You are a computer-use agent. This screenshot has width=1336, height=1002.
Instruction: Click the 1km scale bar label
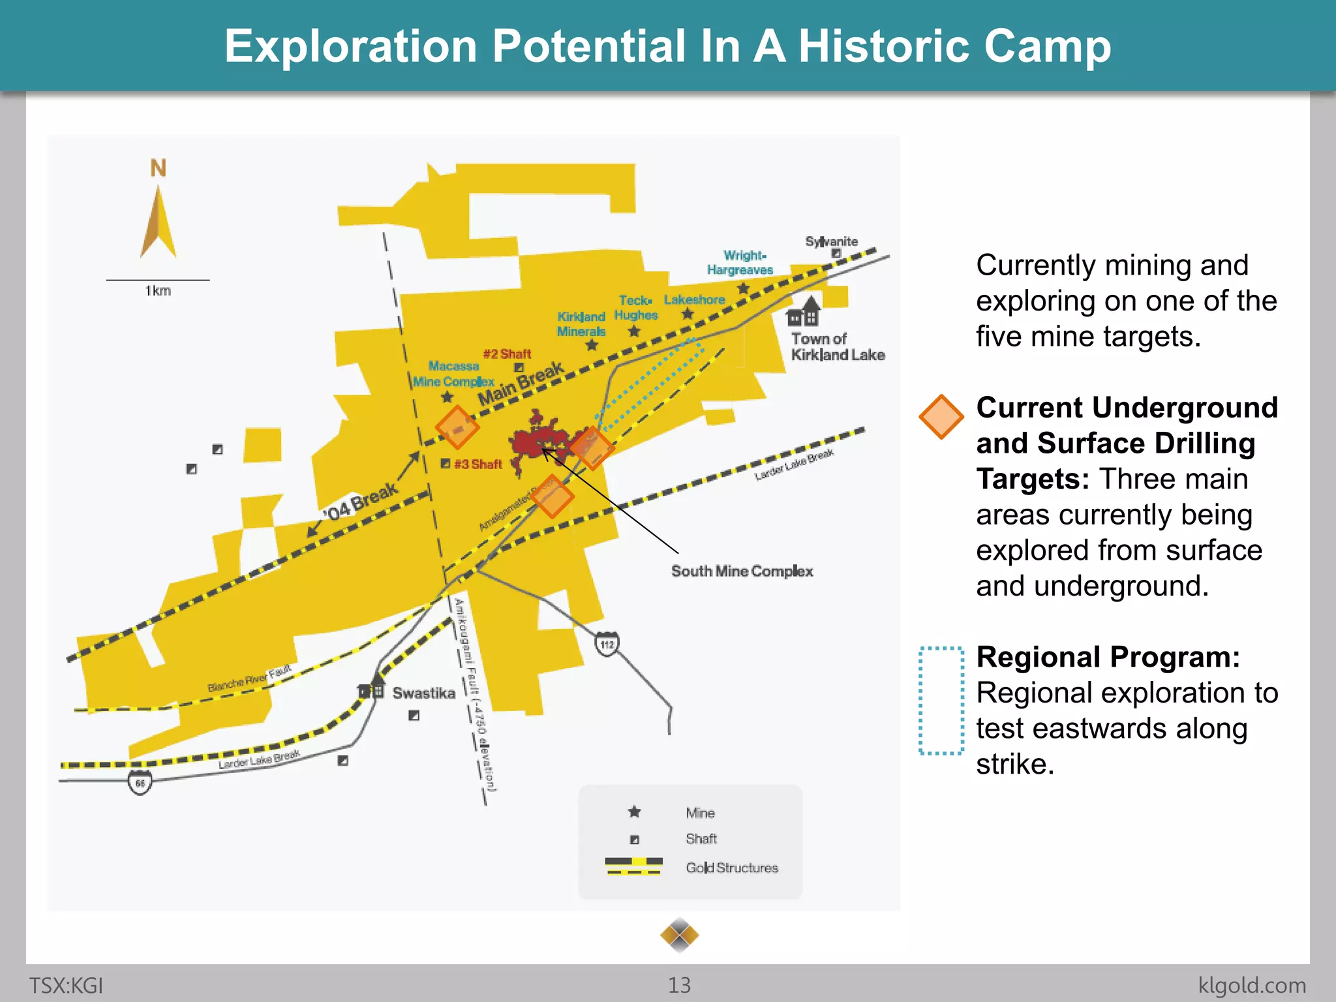(x=158, y=291)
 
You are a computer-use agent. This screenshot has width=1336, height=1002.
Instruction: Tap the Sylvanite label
(x=831, y=241)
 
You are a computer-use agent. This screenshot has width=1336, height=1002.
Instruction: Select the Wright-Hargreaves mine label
(x=740, y=262)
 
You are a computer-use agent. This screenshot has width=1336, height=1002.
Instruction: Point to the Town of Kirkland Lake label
(x=837, y=347)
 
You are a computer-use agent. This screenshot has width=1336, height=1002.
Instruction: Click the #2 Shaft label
(x=507, y=354)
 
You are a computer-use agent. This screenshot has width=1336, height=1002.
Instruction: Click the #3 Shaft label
(x=478, y=464)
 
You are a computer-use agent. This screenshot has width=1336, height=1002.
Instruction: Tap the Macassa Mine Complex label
(x=453, y=374)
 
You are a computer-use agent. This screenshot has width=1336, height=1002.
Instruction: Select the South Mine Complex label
(x=742, y=571)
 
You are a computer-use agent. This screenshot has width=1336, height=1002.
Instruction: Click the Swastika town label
(x=423, y=693)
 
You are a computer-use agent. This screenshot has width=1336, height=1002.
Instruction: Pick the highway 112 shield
(x=607, y=645)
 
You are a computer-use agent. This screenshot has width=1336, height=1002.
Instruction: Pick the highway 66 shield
(x=140, y=782)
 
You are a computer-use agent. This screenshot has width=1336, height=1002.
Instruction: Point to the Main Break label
(x=520, y=384)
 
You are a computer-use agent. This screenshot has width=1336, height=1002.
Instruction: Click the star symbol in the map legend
(x=634, y=812)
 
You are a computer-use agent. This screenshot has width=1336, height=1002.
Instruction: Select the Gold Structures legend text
(x=731, y=868)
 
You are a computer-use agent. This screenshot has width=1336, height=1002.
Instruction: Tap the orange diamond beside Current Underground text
(x=941, y=417)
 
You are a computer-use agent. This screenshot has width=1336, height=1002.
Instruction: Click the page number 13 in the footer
(x=679, y=985)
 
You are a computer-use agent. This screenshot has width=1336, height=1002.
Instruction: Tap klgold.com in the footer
(x=1252, y=985)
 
